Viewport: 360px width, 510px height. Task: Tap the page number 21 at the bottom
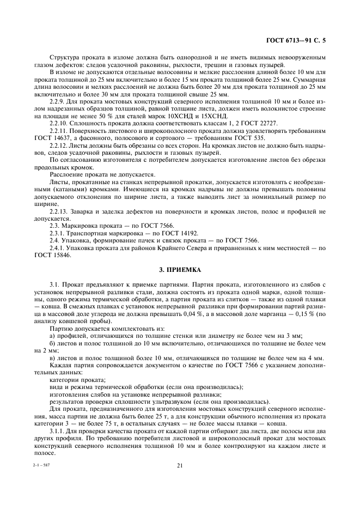[179, 465]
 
